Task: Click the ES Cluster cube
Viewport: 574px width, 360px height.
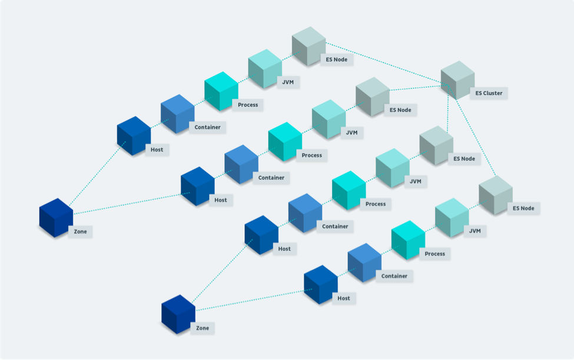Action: click(457, 80)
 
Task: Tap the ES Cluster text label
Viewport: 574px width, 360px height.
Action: click(489, 93)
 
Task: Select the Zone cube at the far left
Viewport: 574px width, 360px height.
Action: click(56, 217)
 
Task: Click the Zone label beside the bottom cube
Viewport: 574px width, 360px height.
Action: click(203, 328)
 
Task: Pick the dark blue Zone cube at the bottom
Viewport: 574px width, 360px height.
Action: click(178, 314)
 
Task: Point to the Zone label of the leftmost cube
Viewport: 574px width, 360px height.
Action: click(80, 232)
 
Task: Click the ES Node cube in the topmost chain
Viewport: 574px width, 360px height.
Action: click(308, 46)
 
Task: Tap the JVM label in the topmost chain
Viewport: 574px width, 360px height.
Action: click(288, 82)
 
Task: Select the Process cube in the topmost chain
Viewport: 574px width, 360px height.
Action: click(221, 91)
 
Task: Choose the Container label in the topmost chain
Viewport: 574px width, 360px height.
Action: click(207, 127)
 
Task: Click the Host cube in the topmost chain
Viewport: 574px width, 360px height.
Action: click(134, 136)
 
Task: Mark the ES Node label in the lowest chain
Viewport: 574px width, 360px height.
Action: click(523, 208)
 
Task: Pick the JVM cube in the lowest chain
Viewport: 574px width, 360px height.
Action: click(452, 217)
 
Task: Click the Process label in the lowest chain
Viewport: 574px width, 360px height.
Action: click(434, 253)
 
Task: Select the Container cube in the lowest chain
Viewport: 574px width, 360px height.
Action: click(364, 263)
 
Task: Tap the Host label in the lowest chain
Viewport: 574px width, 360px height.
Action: click(343, 298)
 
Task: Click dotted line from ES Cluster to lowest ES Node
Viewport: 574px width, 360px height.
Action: click(472, 132)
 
